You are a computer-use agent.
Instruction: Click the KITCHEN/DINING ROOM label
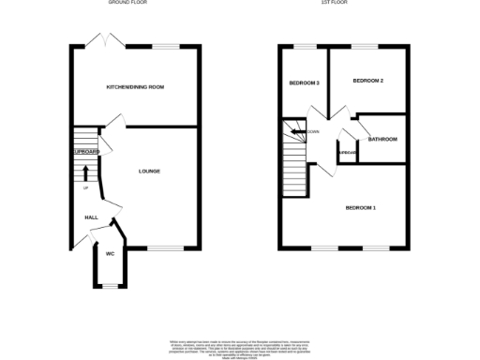click(x=135, y=87)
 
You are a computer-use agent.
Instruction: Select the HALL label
click(x=92, y=217)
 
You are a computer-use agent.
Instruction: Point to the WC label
click(x=110, y=254)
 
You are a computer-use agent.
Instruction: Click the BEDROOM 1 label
click(x=361, y=207)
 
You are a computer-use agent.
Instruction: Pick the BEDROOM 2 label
click(x=367, y=82)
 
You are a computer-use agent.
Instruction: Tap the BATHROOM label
click(x=382, y=140)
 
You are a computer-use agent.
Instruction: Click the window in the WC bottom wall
click(x=110, y=286)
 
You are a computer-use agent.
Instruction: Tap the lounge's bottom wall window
click(x=163, y=248)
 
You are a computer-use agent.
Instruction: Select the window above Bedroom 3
click(x=305, y=46)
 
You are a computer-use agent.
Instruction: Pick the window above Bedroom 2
click(x=365, y=46)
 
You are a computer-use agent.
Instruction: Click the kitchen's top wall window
click(x=167, y=46)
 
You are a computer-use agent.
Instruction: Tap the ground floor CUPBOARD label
click(x=85, y=151)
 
